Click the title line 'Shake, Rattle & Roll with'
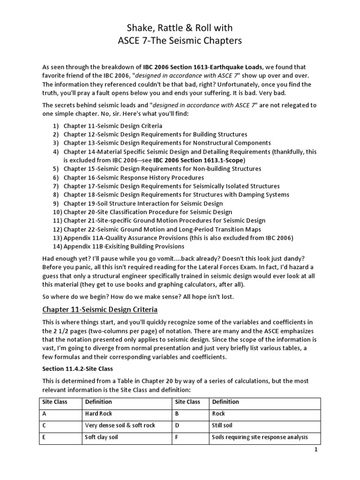(x=180, y=28)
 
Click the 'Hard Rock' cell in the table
(x=99, y=413)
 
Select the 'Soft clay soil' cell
(x=102, y=437)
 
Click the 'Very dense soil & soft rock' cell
(x=120, y=425)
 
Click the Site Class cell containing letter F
(x=177, y=437)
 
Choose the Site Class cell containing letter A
(x=45, y=413)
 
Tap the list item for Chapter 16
(x=134, y=178)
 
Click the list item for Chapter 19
(x=143, y=203)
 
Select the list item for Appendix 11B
(x=124, y=246)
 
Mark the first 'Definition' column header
(x=98, y=402)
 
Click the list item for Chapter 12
(x=155, y=135)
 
